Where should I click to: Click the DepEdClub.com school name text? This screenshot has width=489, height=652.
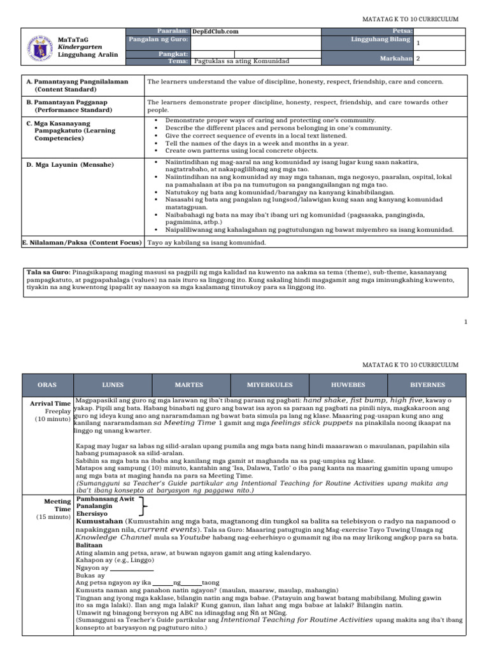coord(213,31)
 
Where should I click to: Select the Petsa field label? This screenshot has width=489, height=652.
coord(402,31)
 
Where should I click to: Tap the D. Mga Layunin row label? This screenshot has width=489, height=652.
coord(70,165)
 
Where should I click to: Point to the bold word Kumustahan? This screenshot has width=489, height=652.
coord(96,520)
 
